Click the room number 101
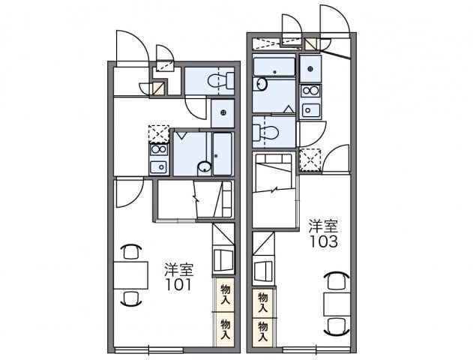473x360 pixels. tap(178, 284)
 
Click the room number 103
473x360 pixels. tap(324, 241)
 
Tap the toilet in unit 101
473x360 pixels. tap(221, 80)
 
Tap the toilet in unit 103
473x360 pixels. tap(265, 132)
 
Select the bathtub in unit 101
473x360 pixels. tap(223, 154)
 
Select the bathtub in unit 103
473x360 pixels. tap(274, 67)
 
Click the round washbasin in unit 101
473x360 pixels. tap(205, 166)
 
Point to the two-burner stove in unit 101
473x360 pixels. tap(159, 149)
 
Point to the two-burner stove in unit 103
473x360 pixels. tap(310, 90)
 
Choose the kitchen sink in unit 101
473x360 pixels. tap(159, 166)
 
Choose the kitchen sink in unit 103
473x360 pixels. tap(310, 109)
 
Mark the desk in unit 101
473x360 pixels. tap(131, 275)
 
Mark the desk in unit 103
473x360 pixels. tap(337, 304)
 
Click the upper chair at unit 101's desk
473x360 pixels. tap(131, 251)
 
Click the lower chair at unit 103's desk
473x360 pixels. tap(337, 326)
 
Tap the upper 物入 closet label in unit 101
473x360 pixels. tap(225, 294)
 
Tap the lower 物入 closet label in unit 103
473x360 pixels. tap(263, 331)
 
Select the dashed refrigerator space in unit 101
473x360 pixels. tap(159, 133)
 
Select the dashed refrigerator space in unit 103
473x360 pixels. tap(310, 160)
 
